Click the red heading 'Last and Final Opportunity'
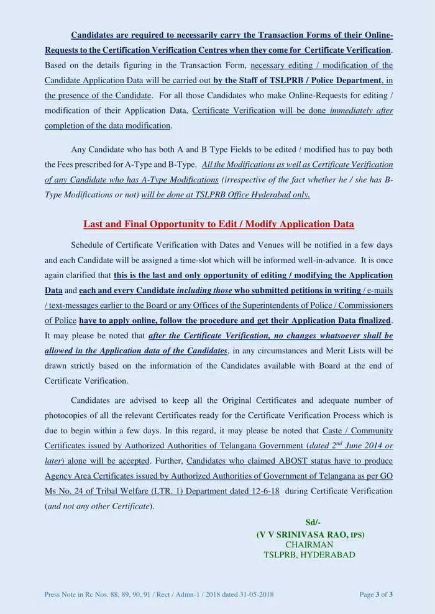click(219, 224)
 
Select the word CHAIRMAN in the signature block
click(309, 544)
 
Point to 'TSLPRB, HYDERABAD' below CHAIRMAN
click(309, 554)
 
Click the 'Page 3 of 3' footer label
click(376, 594)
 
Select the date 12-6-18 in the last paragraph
click(265, 491)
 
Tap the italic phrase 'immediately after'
click(361, 111)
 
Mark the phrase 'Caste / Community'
click(357, 430)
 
